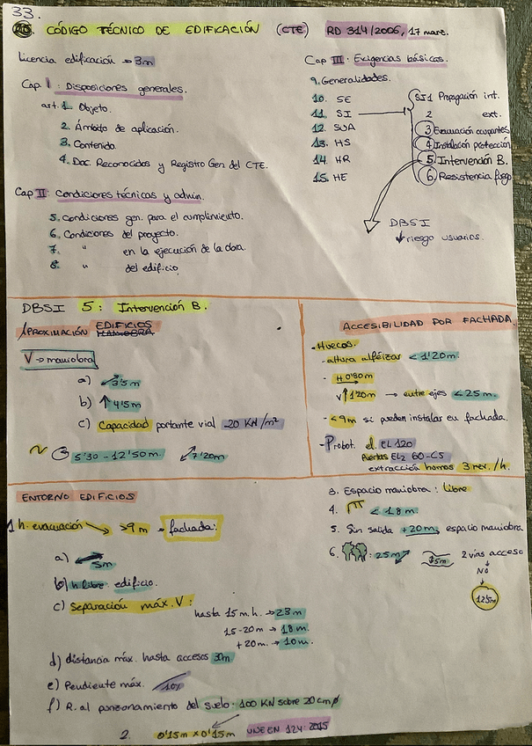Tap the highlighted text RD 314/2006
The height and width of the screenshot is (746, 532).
363,30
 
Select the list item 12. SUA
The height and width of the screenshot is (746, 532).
332,128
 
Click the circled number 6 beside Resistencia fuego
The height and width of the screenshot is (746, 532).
432,176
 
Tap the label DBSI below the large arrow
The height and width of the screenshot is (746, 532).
406,223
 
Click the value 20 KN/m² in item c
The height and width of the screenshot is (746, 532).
252,423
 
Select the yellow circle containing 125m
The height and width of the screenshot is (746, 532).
485,598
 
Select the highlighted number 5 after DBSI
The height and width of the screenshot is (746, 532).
87,307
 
